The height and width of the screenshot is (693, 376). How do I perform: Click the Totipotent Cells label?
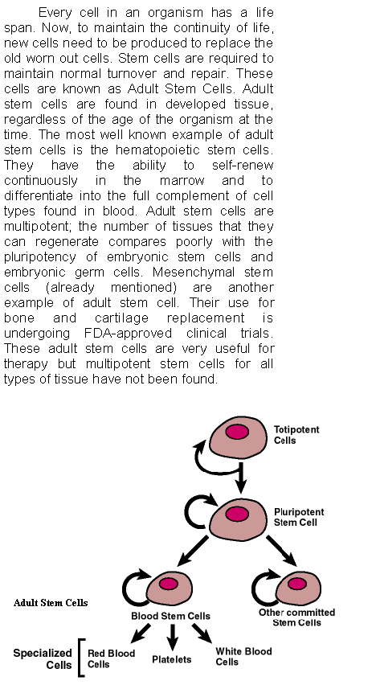(x=296, y=435)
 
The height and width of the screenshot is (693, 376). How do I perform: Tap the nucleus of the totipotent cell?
(x=237, y=432)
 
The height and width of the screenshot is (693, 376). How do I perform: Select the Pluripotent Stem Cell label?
(x=299, y=517)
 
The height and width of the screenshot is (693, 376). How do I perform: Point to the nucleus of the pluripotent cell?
(x=237, y=514)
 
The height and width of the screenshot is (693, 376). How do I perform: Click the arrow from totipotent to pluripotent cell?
(x=240, y=478)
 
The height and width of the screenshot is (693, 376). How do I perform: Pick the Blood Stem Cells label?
(x=170, y=616)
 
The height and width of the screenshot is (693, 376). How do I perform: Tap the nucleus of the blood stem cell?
(x=169, y=584)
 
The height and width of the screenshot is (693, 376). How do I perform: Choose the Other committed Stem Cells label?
(x=296, y=617)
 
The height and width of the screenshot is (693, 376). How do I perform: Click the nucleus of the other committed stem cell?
(x=297, y=584)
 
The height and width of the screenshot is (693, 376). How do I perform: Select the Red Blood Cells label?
(x=111, y=658)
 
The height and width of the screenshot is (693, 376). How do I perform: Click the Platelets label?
(x=171, y=659)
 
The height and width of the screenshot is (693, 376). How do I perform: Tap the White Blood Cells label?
(x=243, y=656)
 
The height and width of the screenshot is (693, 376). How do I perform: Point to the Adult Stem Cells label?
(x=51, y=603)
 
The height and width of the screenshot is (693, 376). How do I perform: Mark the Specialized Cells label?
(x=43, y=659)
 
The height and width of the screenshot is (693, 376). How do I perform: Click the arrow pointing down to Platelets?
(x=172, y=637)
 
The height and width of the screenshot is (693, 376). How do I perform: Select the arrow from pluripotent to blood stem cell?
(x=192, y=552)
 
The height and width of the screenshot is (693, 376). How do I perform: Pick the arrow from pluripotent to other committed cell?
(x=281, y=551)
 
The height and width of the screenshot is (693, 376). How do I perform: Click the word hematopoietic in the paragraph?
(x=157, y=150)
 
